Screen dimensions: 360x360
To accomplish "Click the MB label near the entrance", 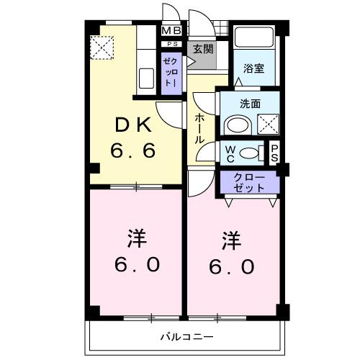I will [171, 30].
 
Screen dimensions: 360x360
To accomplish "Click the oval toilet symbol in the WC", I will [249, 152].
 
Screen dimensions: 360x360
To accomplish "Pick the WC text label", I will [229, 153].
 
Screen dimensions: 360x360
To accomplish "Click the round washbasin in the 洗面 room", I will [235, 125].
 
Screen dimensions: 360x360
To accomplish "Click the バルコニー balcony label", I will [186, 336].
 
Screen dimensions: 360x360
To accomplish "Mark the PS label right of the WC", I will [274, 153].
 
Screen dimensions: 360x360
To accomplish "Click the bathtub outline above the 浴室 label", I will [253, 39].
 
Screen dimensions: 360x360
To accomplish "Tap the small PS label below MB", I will [171, 42].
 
